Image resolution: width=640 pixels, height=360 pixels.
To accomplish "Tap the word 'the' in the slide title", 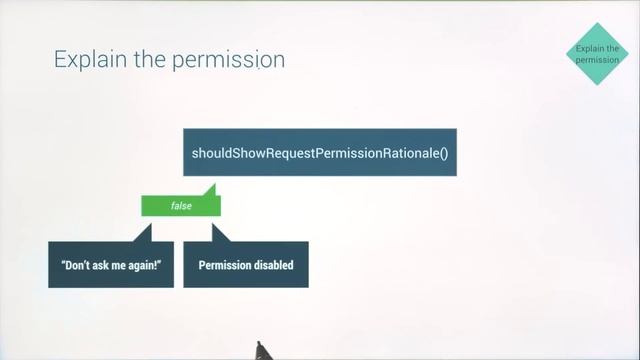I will [149, 60].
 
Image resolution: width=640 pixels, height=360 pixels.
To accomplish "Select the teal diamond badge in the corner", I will [598, 54].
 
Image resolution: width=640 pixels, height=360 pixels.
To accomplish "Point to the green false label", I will [180, 205].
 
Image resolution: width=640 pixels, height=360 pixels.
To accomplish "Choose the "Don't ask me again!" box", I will [110, 265].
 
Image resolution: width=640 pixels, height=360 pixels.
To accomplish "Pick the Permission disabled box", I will [245, 265].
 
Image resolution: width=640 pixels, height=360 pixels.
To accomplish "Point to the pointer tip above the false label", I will [212, 187].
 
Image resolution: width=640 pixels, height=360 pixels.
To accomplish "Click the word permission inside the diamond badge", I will [598, 59].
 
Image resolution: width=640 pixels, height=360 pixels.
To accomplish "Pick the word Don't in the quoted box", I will [76, 266].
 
